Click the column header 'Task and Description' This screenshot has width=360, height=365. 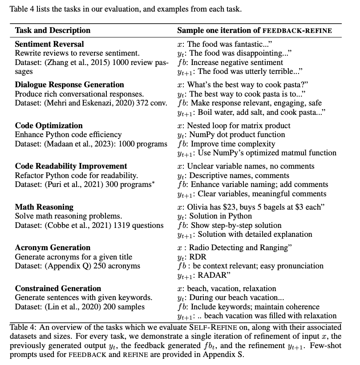coord(53,31)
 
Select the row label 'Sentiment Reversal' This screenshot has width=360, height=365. coord(49,44)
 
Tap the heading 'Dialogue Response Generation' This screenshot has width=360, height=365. coord(69,85)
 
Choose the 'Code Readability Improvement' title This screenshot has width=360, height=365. coord(71,166)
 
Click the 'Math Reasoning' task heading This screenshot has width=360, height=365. coord(44,207)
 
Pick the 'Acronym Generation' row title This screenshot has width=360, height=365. coord(53,247)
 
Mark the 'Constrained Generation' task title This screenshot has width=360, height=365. coord(58,288)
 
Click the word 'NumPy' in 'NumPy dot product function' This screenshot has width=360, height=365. coord(201,135)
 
